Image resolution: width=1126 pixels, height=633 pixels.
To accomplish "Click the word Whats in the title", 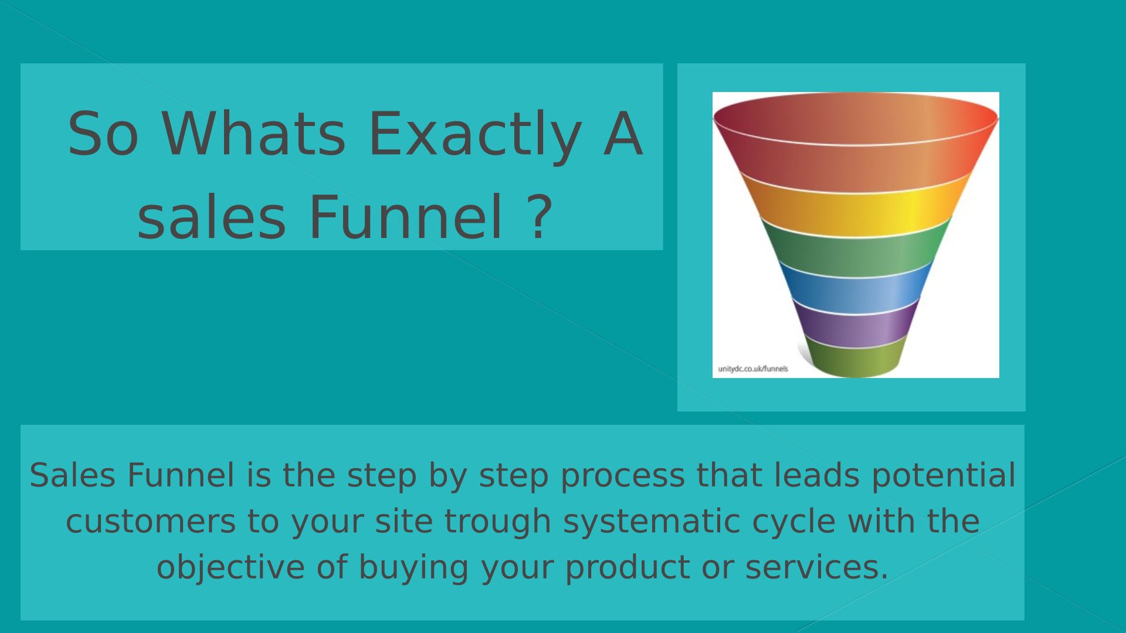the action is tap(254, 134).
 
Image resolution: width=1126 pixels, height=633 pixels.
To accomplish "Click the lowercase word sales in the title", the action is tap(211, 218).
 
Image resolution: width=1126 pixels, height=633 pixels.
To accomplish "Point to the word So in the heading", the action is tap(103, 134).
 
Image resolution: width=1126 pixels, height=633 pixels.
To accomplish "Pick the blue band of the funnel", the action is tap(856, 288).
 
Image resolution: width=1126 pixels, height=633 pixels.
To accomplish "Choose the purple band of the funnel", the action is tap(856, 324).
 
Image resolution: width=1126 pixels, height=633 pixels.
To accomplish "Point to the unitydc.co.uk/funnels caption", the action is tap(753, 369).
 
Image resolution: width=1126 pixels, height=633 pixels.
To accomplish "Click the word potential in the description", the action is tap(944, 475).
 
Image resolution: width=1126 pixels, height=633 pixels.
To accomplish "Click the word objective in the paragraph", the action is tap(230, 567).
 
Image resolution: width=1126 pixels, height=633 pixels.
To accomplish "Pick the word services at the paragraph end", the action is tap(817, 567).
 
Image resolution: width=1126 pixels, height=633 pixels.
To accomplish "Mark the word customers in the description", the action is tap(150, 522).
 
